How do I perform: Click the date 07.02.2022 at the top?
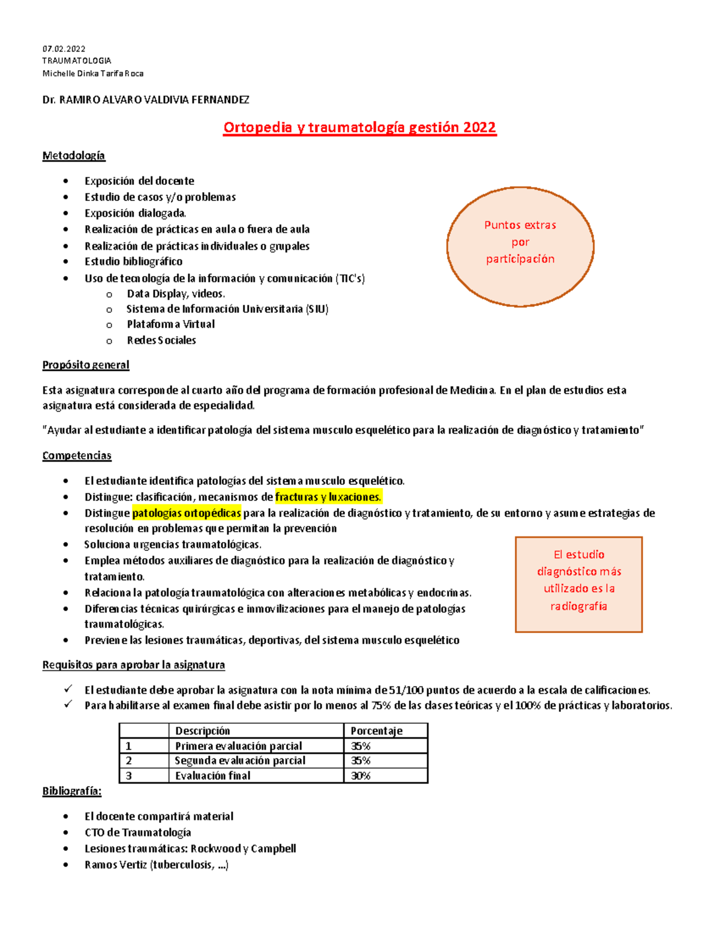tap(64, 49)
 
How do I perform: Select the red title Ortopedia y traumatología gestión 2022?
tap(359, 127)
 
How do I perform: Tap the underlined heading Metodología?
tap(73, 156)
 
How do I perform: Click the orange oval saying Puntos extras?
tap(520, 246)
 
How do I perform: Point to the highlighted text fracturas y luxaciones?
tap(328, 497)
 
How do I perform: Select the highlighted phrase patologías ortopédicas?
tap(187, 513)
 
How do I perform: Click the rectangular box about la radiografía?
tap(578, 584)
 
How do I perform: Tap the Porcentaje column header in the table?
tap(376, 731)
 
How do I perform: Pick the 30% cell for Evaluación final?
tap(361, 776)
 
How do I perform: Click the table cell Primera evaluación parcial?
tap(238, 746)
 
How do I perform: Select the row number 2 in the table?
tap(129, 761)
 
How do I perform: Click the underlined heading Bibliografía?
tap(71, 792)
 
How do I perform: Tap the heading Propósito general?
tap(85, 365)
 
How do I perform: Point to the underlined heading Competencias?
tap(77, 455)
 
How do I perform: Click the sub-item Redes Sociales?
tap(161, 340)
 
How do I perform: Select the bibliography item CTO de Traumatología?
tap(137, 832)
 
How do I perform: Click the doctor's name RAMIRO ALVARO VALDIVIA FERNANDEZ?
tap(154, 100)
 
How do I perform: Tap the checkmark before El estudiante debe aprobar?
tap(68, 689)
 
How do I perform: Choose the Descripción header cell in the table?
tap(202, 731)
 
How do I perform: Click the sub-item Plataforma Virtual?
tap(170, 324)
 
